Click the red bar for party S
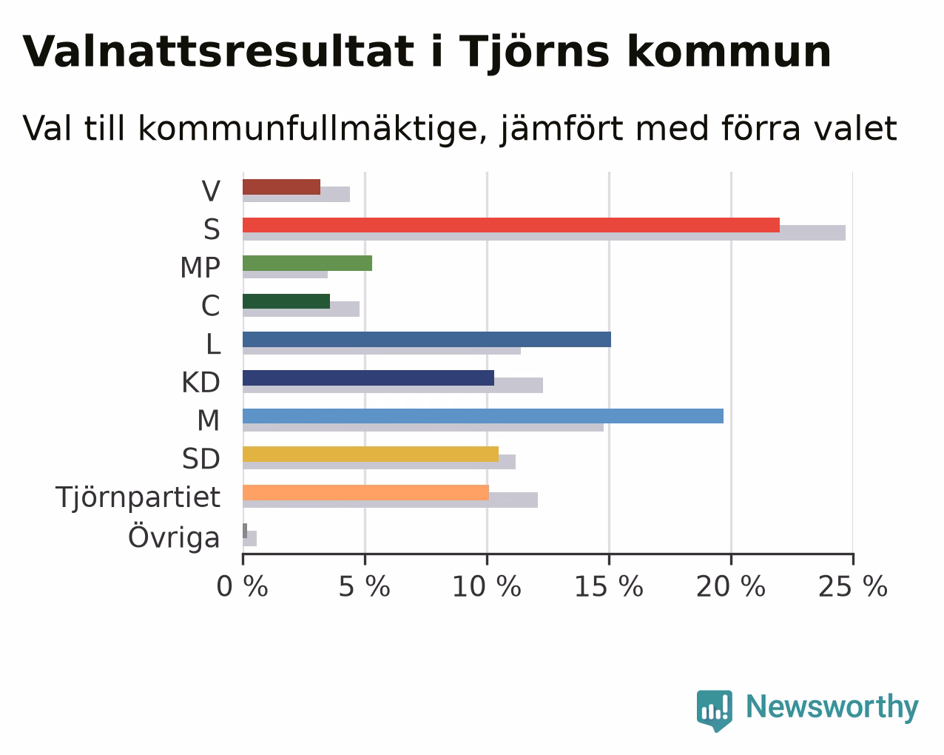[x=511, y=225]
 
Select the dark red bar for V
[x=281, y=187]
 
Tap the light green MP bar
[x=307, y=264]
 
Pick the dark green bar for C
[x=286, y=301]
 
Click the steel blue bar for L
[x=427, y=340]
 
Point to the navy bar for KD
[x=368, y=378]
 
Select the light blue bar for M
[x=483, y=416]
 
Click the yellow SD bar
[x=371, y=454]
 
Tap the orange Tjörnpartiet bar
[x=366, y=492]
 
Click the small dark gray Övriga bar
[x=245, y=531]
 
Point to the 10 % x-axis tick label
[x=487, y=587]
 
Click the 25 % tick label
[x=853, y=587]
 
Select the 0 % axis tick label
[x=242, y=587]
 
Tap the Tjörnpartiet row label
[x=138, y=497]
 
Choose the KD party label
[x=201, y=383]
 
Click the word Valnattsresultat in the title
[x=218, y=52]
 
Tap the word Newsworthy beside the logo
[x=832, y=708]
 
